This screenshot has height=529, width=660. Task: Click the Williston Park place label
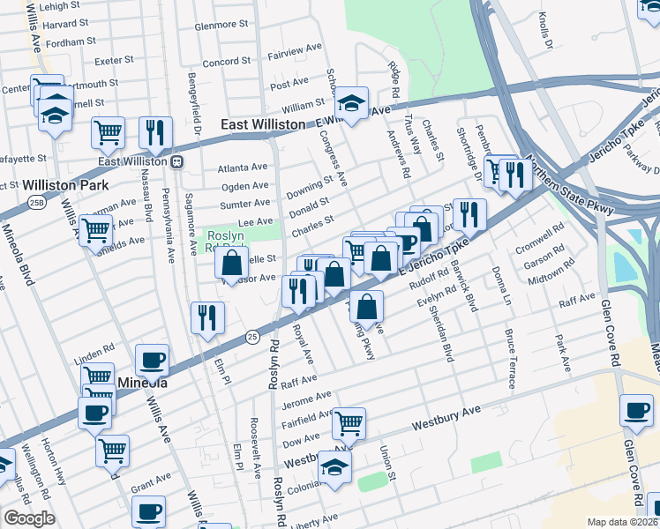click(65, 185)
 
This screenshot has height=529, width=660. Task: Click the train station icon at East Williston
click(176, 161)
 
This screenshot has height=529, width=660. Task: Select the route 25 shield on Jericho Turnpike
click(252, 336)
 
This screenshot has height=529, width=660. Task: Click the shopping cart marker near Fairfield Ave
click(349, 423)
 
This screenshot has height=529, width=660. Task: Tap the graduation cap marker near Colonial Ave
click(334, 467)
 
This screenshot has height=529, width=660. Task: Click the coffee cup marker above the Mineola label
click(152, 360)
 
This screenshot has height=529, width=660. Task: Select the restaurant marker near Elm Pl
click(207, 317)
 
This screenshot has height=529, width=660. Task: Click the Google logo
click(29, 518)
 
